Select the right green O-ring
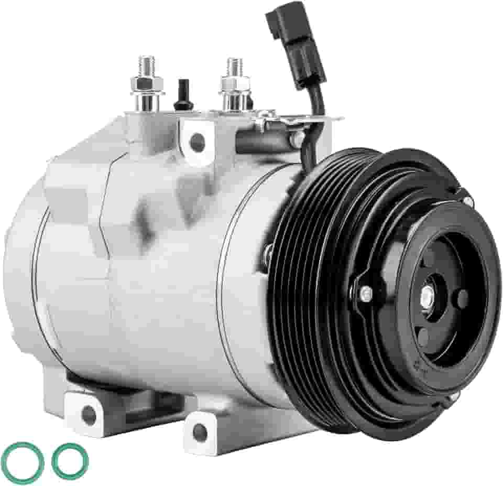click(70, 461)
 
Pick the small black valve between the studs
click(183, 95)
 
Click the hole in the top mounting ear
click(198, 140)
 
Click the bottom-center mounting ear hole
click(200, 431)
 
